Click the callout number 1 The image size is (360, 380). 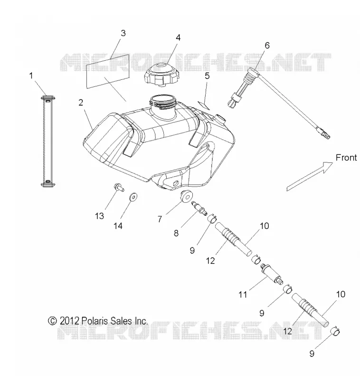point(31,76)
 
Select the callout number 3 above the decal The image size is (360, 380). point(123,33)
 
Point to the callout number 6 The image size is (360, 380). point(267,45)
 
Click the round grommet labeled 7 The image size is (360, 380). point(187,196)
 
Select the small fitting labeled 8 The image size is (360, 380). point(199,208)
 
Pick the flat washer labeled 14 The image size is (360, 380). point(133,197)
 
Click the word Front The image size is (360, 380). point(346,158)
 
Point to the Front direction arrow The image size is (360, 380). point(310,176)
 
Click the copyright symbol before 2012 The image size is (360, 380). point(52,321)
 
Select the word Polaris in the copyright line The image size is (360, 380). point(95,321)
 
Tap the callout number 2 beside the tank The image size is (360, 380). point(81,103)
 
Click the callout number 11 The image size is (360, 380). point(243,294)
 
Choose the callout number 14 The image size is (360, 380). point(118,226)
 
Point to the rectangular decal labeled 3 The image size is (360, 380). point(107,71)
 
